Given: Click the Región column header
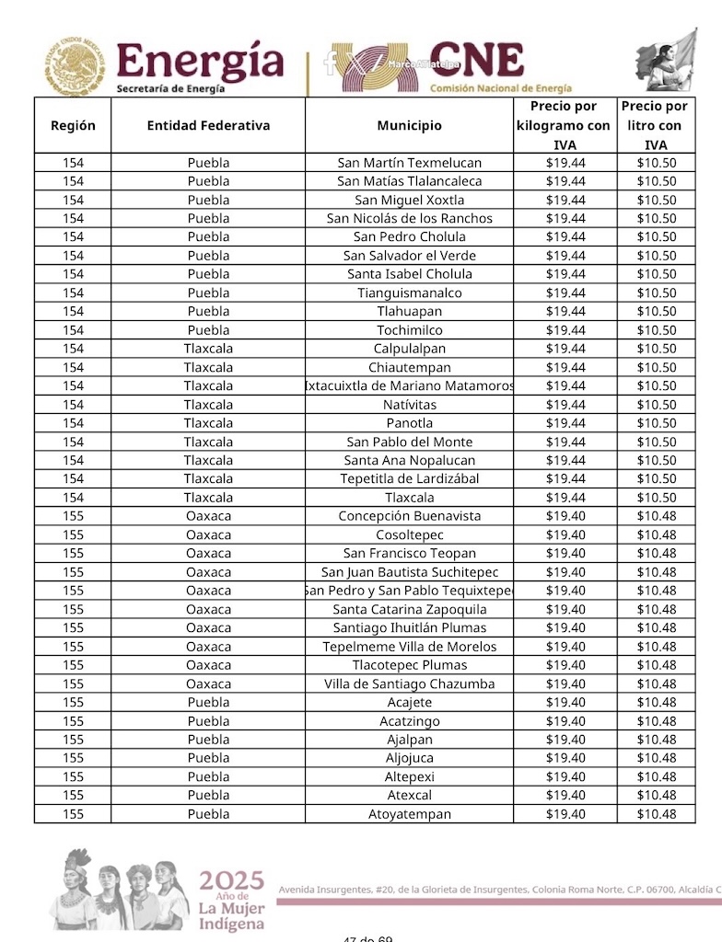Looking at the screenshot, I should (73, 125).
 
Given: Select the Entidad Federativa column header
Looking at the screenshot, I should (208, 125).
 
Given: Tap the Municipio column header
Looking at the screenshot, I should (409, 125).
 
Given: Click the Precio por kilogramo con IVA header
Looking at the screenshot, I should (564, 125).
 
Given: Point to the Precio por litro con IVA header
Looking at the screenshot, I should (656, 125).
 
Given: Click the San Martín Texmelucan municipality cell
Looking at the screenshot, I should (409, 163).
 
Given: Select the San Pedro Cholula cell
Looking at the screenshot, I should (409, 237).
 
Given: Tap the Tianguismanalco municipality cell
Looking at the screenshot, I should (409, 293).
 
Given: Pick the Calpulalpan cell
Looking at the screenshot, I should (409, 349).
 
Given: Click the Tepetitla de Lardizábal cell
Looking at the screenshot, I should (409, 478).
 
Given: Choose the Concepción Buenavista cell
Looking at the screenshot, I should (409, 516).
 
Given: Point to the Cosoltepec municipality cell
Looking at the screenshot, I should (409, 534).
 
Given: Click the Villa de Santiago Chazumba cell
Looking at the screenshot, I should (409, 684).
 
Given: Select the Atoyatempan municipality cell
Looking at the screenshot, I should (409, 814).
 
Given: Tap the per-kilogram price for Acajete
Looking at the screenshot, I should (565, 702).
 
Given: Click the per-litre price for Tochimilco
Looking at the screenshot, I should (656, 330).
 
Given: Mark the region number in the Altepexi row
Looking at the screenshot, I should (73, 776).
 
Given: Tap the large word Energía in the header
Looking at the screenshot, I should (200, 61).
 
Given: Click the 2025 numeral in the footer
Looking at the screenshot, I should (231, 881).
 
